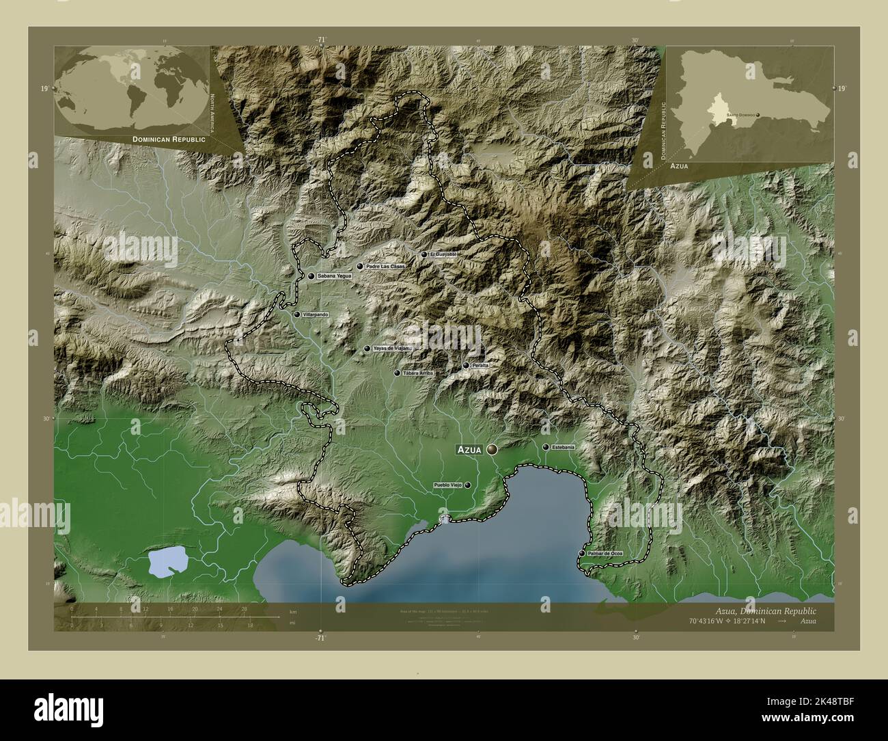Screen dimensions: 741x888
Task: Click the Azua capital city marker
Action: (x=492, y=449)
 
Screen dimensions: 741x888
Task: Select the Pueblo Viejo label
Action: (x=448, y=485)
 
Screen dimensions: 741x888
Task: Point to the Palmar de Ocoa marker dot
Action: (x=581, y=553)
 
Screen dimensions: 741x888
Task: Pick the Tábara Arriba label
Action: (x=419, y=374)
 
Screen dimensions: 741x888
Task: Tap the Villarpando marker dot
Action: (x=297, y=314)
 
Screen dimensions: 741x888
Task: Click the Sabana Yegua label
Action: (x=334, y=276)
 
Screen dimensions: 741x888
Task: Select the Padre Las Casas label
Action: (x=385, y=267)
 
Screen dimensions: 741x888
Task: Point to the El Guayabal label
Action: (x=442, y=254)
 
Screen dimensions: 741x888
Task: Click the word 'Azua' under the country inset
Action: (x=680, y=166)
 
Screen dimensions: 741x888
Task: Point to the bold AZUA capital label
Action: (x=471, y=450)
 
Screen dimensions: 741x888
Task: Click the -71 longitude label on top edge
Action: (x=321, y=40)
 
